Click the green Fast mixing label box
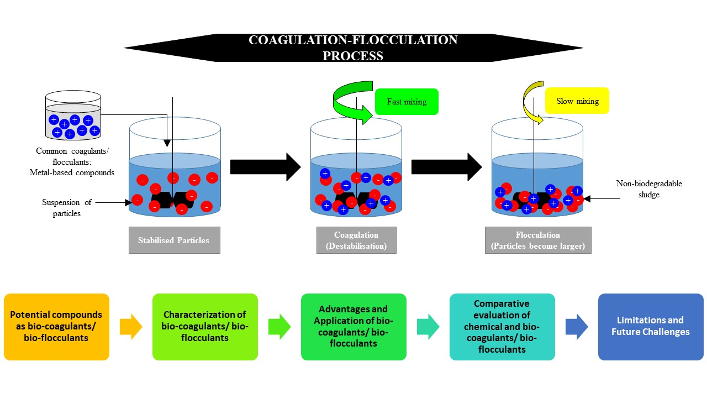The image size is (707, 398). [407, 102]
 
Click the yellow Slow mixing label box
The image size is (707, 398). [577, 101]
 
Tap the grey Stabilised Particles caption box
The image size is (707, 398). [174, 240]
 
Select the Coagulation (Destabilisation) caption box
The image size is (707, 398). [356, 240]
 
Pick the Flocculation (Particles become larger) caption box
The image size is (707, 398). [538, 240]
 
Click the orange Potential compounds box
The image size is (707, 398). [56, 327]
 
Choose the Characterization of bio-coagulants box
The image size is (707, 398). [205, 327]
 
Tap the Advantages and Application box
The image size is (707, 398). [353, 327]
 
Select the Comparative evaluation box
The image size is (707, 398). [502, 327]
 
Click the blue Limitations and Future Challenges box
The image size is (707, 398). [651, 327]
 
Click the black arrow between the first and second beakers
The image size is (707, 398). [266, 167]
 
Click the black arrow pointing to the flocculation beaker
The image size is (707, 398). [447, 167]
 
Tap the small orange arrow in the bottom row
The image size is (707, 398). [131, 327]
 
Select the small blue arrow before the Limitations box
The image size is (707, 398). [577, 327]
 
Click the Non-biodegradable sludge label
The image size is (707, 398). [649, 189]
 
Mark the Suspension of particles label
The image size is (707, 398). [67, 208]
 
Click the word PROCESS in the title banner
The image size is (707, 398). [353, 56]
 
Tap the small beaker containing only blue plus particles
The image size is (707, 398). [73, 116]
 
